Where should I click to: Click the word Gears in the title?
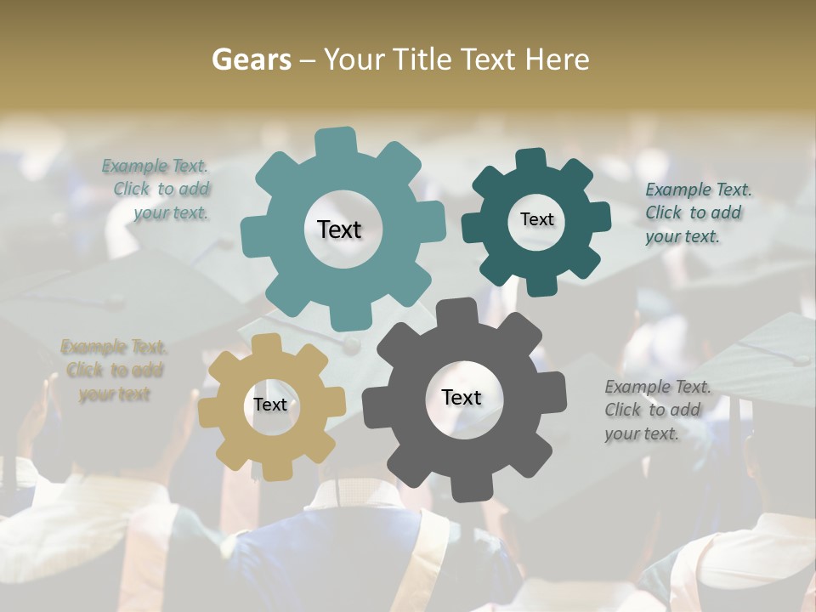point(251,59)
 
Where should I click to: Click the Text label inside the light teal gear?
point(339,229)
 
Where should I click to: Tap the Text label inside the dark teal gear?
point(536,219)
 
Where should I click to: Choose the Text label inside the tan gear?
point(270,405)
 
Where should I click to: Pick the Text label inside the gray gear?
point(462,397)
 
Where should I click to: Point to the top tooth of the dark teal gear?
point(530,160)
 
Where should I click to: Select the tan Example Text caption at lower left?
point(114,371)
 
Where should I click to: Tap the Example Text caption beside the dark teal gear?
point(697,212)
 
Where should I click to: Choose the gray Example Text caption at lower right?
point(657,410)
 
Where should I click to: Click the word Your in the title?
point(354,59)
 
